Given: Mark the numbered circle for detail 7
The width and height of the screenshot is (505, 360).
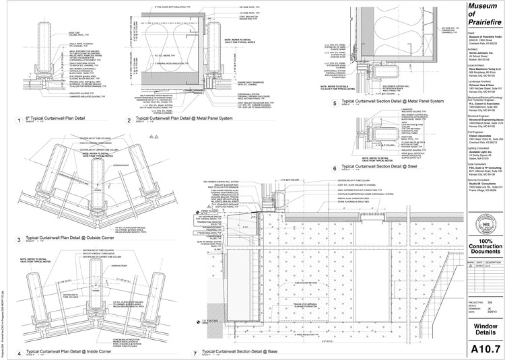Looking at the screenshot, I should click(195, 352).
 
